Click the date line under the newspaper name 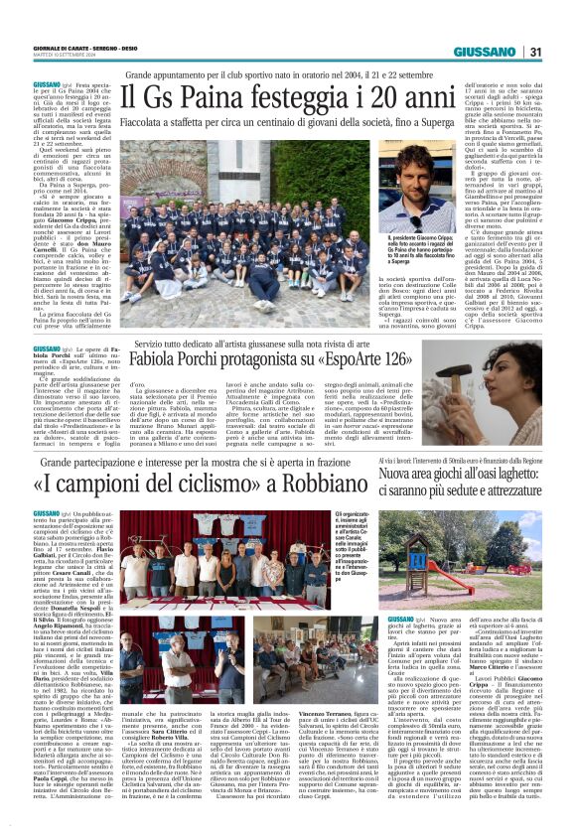[55, 58]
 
